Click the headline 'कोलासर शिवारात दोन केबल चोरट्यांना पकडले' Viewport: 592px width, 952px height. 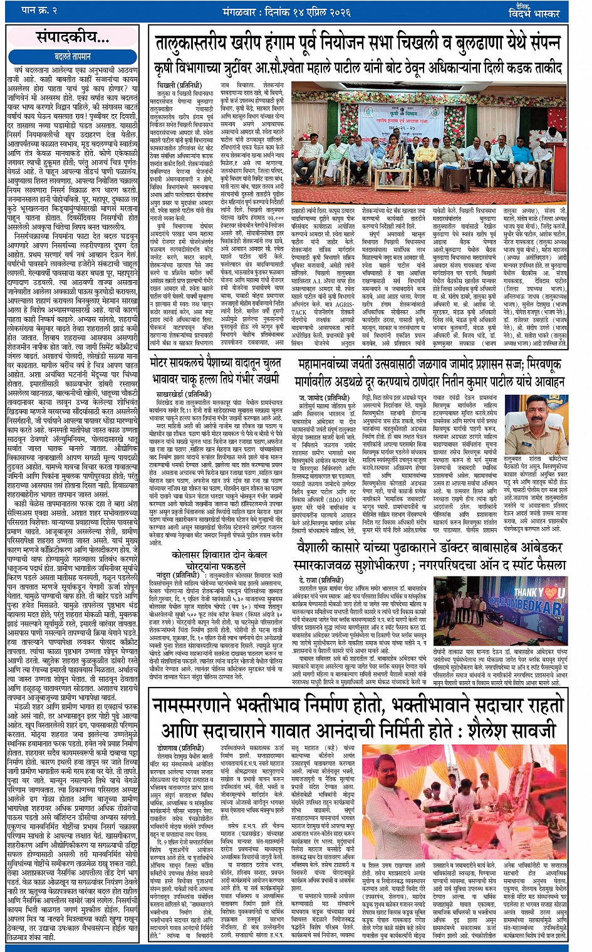click(220, 560)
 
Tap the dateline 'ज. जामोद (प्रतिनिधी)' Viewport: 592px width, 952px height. click(324, 397)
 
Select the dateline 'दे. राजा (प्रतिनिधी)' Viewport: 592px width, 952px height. click(323, 580)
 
